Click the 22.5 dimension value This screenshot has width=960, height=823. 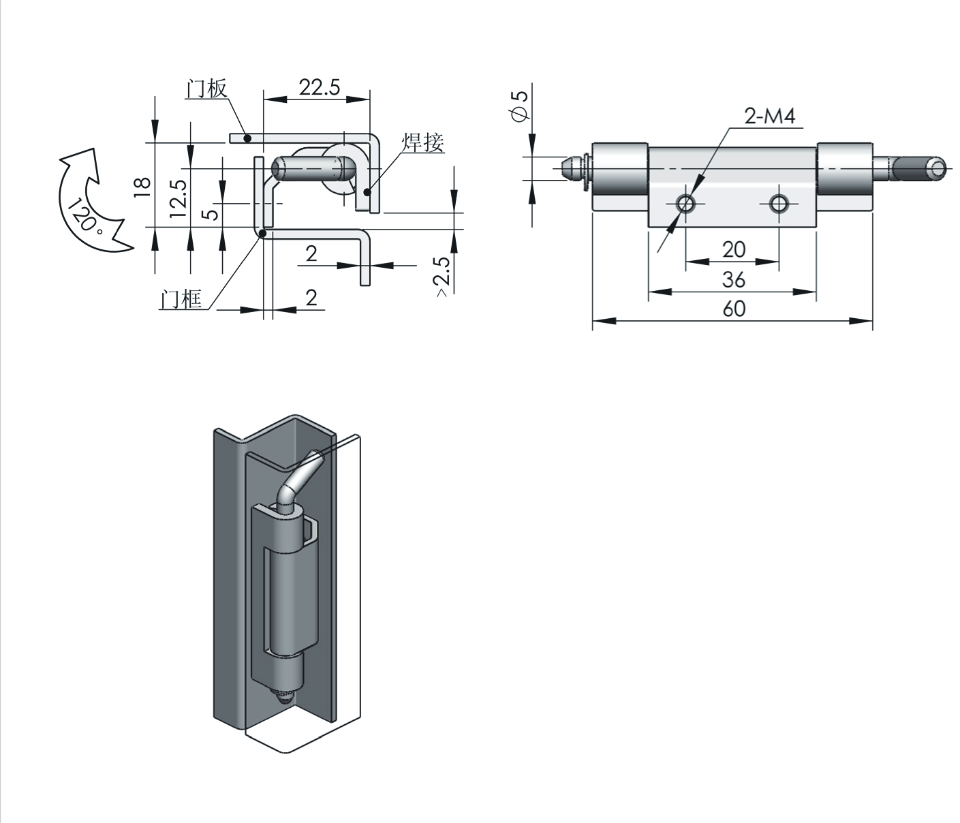319,87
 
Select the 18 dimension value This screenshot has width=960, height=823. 142,186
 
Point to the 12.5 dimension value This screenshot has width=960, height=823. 179,198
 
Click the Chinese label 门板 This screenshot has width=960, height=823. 206,89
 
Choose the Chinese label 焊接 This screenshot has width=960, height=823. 423,142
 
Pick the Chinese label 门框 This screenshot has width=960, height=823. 181,299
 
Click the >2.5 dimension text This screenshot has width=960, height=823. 442,276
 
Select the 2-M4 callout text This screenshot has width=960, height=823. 769,117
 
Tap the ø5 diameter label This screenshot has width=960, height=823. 519,106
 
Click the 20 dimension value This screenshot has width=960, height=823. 733,250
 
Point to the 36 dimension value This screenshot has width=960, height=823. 733,280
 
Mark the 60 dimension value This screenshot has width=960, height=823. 733,309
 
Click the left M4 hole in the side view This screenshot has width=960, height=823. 685,203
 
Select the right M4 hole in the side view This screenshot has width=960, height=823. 779,203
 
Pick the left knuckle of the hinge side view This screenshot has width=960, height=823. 619,177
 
